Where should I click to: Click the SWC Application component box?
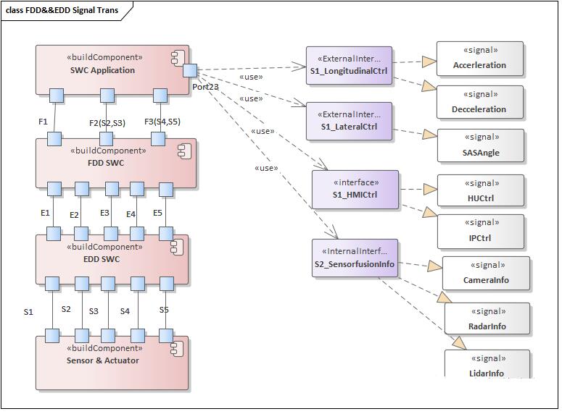(x=112, y=69)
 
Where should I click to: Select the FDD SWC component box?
(x=116, y=163)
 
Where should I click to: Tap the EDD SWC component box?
(x=112, y=259)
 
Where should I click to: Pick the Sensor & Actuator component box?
(x=112, y=363)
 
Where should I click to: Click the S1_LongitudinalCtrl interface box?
(x=349, y=65)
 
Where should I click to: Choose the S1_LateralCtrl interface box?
(x=349, y=122)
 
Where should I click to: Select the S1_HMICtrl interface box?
(x=355, y=190)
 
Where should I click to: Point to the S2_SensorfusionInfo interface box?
(x=355, y=258)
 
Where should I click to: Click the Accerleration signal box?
(x=479, y=59)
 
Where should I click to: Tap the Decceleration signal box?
(x=479, y=102)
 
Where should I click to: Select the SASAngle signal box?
(x=480, y=145)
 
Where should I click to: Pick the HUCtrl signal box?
(x=480, y=191)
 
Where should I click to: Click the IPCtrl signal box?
(x=480, y=231)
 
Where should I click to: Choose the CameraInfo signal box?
(x=486, y=273)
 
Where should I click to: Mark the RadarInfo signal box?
(x=487, y=318)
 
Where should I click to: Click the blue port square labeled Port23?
(x=190, y=70)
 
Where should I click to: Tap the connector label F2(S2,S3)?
(x=107, y=123)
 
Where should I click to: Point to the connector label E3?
(x=104, y=213)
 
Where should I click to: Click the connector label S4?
(x=125, y=311)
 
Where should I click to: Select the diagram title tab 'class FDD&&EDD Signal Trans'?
(x=62, y=10)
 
